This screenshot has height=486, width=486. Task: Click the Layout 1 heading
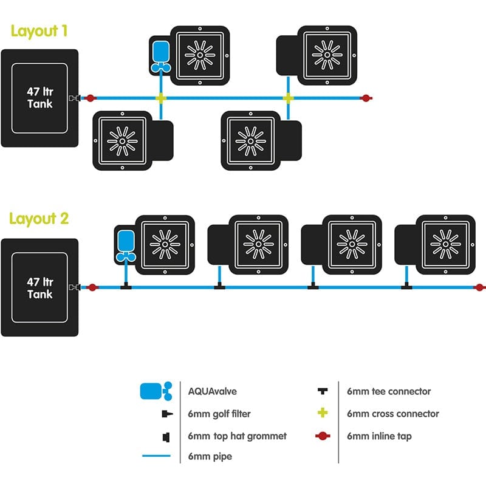pyautogui.click(x=39, y=31)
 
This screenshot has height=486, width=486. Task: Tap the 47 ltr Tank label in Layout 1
pyautogui.click(x=39, y=98)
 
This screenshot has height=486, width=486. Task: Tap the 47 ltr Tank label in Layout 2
pyautogui.click(x=39, y=288)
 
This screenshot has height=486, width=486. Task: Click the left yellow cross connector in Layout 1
pyautogui.click(x=160, y=98)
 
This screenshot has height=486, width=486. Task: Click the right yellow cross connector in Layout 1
pyautogui.click(x=288, y=98)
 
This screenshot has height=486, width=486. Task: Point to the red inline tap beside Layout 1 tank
pyautogui.click(x=91, y=98)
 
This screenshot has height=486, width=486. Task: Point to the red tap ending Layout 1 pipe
pyautogui.click(x=366, y=98)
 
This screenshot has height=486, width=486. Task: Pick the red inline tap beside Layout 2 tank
pyautogui.click(x=92, y=287)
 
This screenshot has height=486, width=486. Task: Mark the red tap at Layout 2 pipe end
pyautogui.click(x=480, y=287)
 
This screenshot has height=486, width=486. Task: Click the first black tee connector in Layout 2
pyautogui.click(x=126, y=286)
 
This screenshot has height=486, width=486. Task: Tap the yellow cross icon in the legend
pyautogui.click(x=323, y=413)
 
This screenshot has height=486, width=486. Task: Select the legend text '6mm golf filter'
pyautogui.click(x=219, y=414)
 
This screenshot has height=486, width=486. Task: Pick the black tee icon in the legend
pyautogui.click(x=323, y=391)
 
